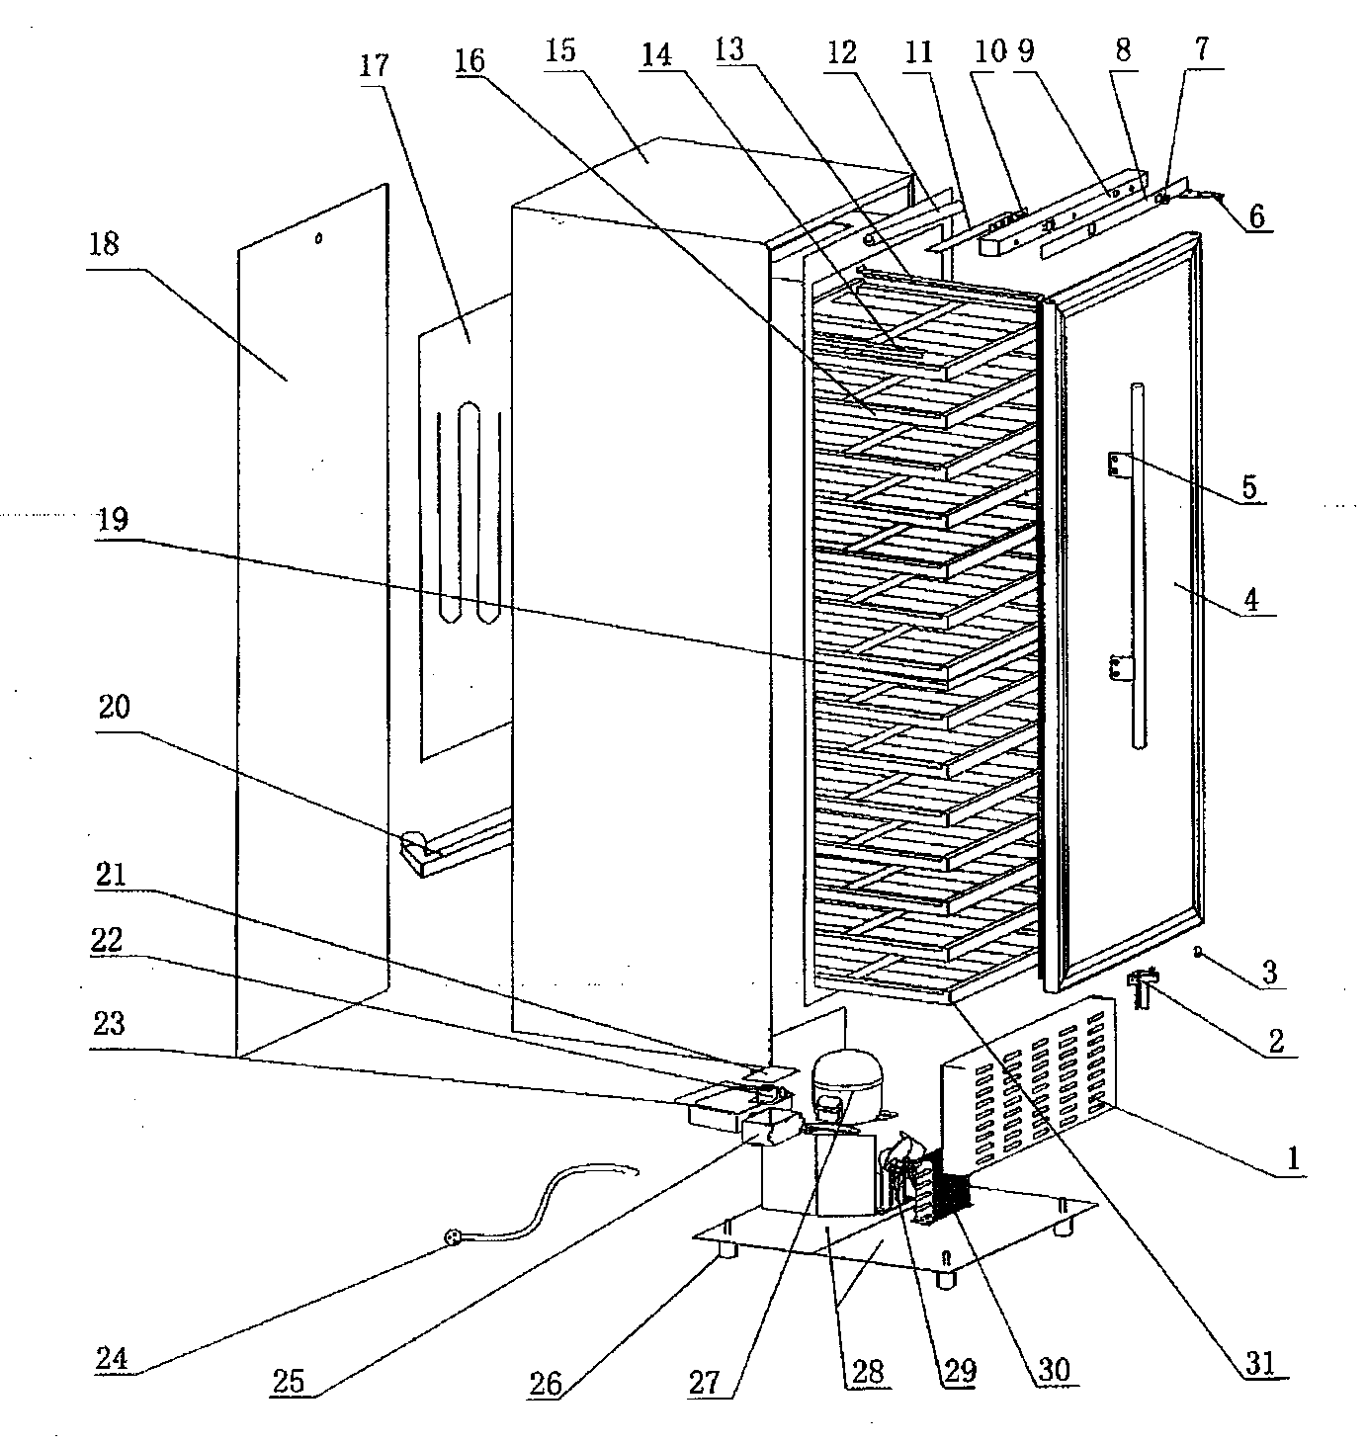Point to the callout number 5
pyautogui.click(x=1248, y=487)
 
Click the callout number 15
pyautogui.click(x=560, y=50)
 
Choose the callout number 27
pyautogui.click(x=704, y=1383)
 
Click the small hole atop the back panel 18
pyautogui.click(x=318, y=238)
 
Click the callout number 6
pyautogui.click(x=1256, y=215)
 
